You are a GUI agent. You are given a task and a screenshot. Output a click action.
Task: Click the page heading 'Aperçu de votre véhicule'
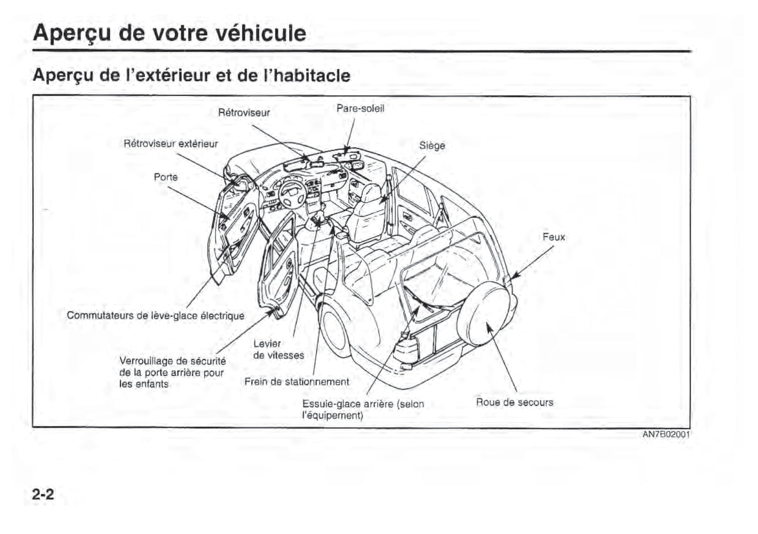point(169,33)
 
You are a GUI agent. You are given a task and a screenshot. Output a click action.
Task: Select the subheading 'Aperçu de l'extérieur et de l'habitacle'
point(191,75)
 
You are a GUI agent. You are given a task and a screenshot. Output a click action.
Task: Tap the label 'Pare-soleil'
point(360,108)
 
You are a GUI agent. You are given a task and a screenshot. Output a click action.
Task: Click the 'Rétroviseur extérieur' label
point(170,144)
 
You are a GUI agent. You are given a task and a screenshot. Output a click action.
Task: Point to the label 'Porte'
point(166,177)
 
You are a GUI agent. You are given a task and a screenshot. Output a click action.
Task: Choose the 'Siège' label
point(432,146)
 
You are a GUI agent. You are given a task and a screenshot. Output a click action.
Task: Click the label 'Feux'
point(554,237)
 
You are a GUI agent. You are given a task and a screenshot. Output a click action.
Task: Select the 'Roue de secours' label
point(514,402)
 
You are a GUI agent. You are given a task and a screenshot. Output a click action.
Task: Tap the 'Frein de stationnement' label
point(296,382)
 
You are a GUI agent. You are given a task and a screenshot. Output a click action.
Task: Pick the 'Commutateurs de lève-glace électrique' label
point(155,315)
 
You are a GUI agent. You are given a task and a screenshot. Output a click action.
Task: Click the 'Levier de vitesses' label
point(278,350)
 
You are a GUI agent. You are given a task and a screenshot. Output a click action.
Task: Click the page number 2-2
point(43,494)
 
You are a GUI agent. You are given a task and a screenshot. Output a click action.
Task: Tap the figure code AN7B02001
point(666,434)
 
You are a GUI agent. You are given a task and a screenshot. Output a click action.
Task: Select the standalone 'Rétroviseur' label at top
point(244,113)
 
